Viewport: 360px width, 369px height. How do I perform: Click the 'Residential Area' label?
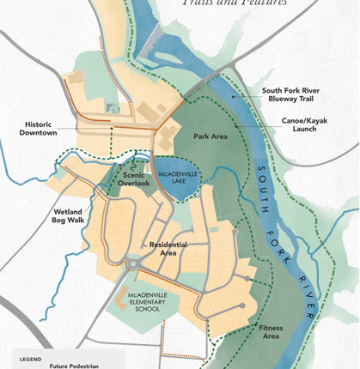[x=168, y=250]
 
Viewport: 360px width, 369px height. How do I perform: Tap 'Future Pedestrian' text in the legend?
[x=74, y=366]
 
